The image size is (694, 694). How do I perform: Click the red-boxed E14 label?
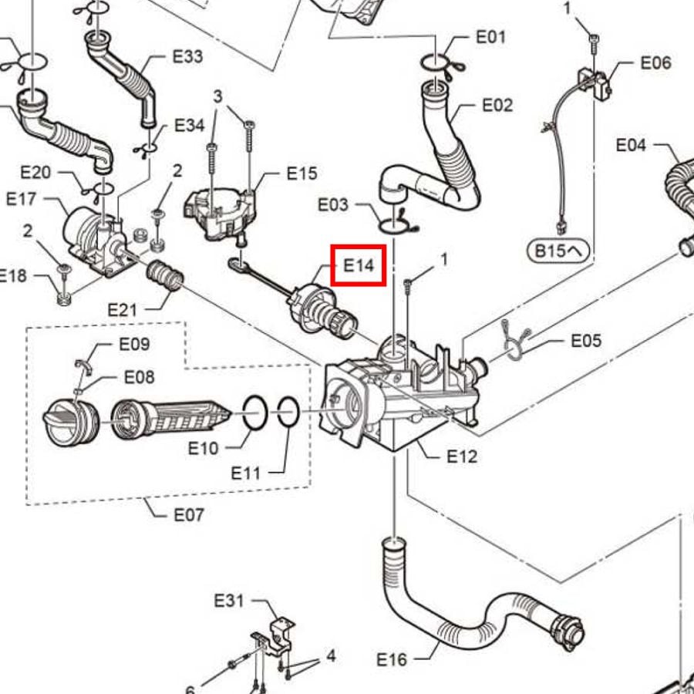click(x=359, y=265)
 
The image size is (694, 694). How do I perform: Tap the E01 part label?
click(x=490, y=37)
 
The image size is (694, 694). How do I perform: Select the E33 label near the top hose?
click(x=187, y=56)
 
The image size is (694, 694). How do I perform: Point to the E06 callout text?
click(x=656, y=62)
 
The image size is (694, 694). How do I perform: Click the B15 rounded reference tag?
click(x=558, y=251)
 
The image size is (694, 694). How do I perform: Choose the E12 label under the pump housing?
click(x=462, y=456)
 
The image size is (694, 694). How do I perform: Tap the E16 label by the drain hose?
click(x=392, y=660)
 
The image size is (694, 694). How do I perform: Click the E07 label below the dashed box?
click(x=189, y=515)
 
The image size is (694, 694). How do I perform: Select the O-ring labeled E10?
click(x=255, y=413)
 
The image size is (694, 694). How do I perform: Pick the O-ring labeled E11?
click(x=288, y=412)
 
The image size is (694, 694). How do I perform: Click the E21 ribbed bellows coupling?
click(x=165, y=276)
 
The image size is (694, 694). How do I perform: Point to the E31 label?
click(x=229, y=601)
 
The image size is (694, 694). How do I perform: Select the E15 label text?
click(x=302, y=173)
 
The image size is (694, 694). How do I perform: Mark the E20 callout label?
click(x=35, y=172)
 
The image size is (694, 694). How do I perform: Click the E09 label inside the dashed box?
click(x=134, y=344)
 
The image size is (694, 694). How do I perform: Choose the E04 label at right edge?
click(x=631, y=145)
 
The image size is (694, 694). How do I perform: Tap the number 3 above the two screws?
click(x=217, y=96)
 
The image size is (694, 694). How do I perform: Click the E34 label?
click(x=190, y=125)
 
